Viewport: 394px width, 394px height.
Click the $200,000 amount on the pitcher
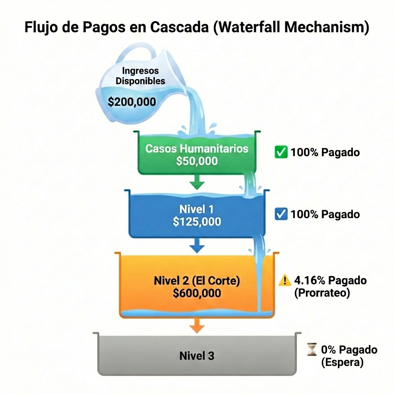pos(132,102)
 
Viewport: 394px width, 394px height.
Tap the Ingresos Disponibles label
pos(140,76)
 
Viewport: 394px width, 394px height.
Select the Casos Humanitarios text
pos(197,149)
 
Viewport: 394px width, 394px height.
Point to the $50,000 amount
pos(197,161)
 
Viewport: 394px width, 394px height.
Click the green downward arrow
pos(197,182)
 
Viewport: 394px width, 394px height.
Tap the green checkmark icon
pos(281,152)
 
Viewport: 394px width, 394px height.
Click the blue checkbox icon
pos(281,214)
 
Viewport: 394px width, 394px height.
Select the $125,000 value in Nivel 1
pos(197,222)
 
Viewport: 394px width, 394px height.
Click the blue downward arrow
pos(197,245)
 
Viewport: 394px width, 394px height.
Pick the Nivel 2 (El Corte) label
pos(197,280)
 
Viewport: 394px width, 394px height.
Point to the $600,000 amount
pos(197,293)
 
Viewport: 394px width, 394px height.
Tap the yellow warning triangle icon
pos(285,281)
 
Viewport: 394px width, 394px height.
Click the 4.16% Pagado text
pos(330,280)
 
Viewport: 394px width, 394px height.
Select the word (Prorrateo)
pos(322,293)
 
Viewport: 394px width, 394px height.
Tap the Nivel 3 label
pos(197,356)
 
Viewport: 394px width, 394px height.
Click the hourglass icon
pos(312,350)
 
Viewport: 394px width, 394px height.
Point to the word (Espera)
pos(342,362)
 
